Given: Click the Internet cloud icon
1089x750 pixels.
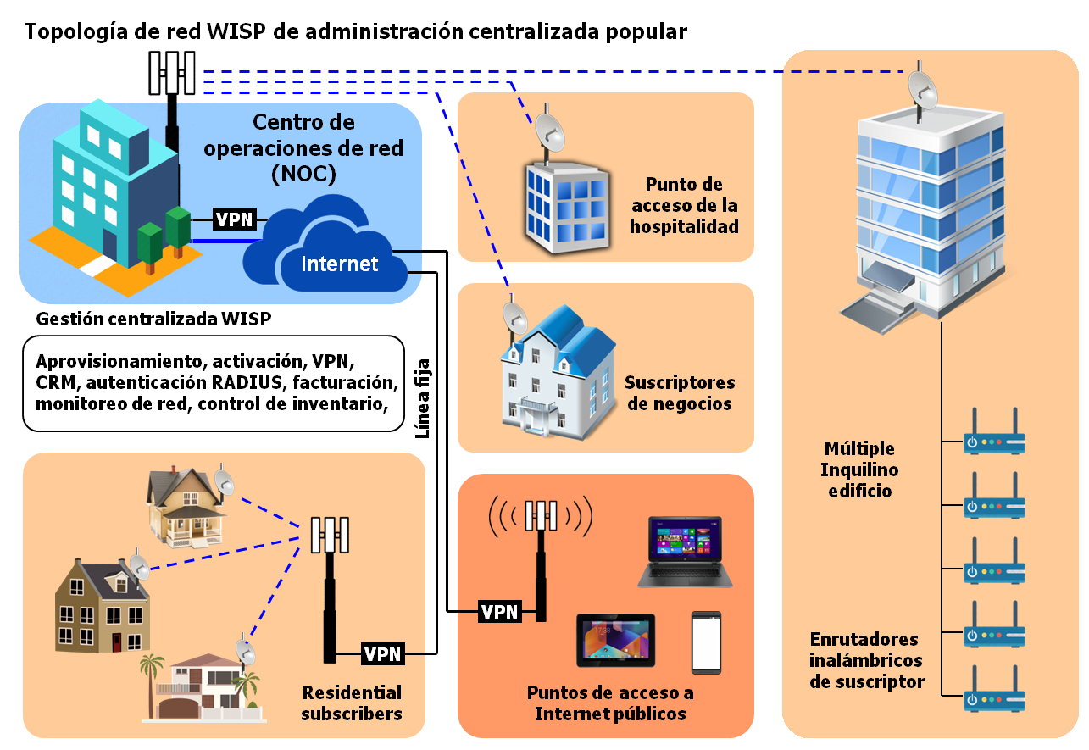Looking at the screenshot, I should point(325,245).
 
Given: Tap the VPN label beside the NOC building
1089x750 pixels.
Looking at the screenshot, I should point(234,219).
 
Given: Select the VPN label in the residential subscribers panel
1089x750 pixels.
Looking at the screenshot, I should point(382,654).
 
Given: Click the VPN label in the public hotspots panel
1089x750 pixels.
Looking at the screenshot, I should point(499,611).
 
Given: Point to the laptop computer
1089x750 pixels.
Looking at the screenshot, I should point(685,552).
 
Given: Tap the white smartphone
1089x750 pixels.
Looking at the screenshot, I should point(706,642).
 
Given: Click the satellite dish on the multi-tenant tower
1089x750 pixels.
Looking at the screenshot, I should point(923,90).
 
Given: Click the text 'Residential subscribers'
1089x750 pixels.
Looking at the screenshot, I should point(352,703).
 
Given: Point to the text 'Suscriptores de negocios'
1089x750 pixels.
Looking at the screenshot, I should point(680,393).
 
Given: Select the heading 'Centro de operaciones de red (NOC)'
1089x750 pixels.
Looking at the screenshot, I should point(303,148).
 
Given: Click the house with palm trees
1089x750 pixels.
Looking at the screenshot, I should point(203,686).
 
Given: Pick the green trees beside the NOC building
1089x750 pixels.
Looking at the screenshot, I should point(164,236).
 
